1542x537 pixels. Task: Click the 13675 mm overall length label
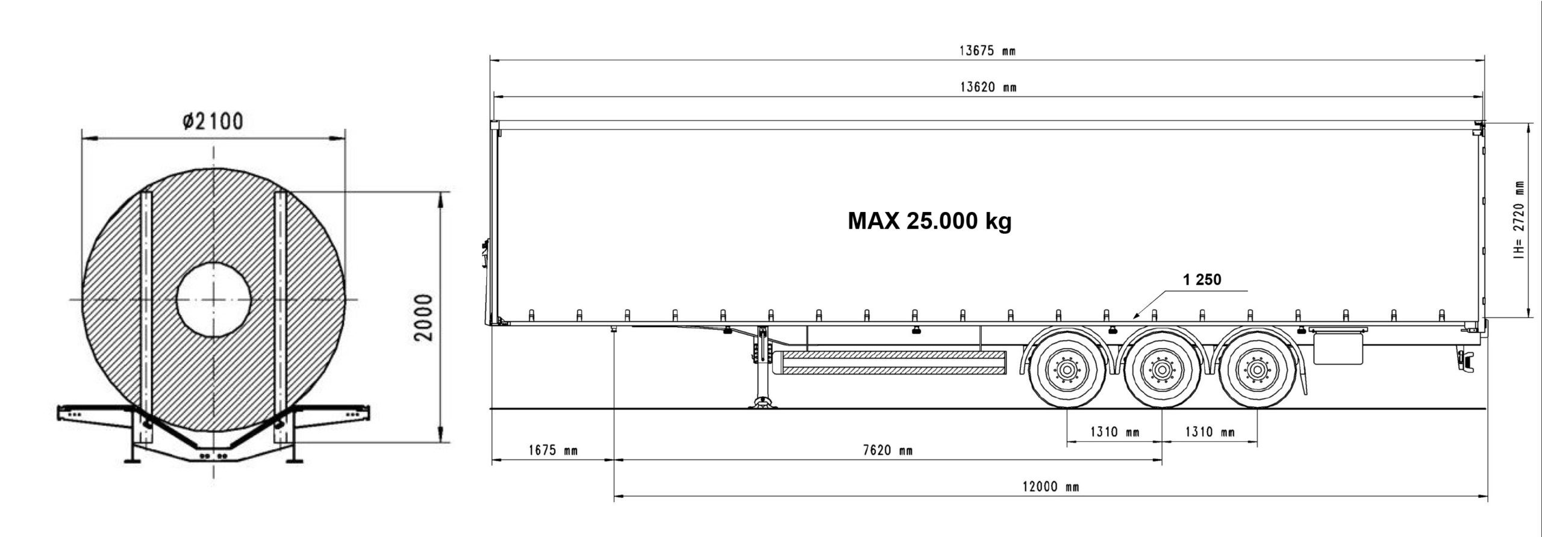(x=987, y=51)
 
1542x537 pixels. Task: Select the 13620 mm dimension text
(x=988, y=87)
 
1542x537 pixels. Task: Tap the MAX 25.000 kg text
(x=930, y=222)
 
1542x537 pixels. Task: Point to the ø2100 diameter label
(x=213, y=122)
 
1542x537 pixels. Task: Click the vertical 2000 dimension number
(x=424, y=317)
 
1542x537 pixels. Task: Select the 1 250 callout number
(x=1202, y=279)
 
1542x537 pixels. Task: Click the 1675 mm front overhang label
(x=553, y=450)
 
